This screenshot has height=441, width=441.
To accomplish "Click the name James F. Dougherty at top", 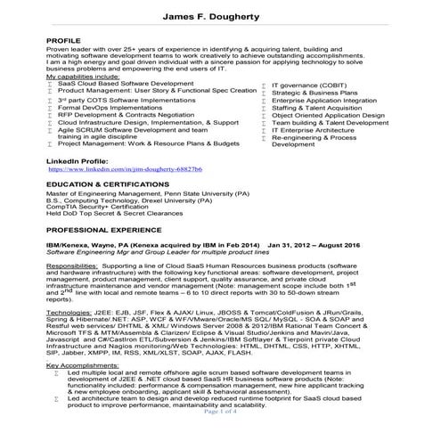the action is [220, 19].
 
